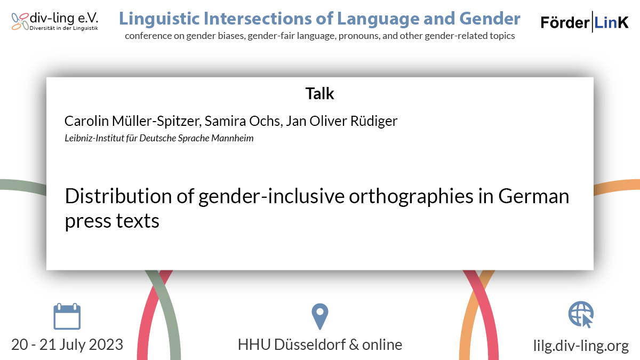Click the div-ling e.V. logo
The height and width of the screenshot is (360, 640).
click(55, 21)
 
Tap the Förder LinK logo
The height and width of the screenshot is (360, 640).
click(585, 22)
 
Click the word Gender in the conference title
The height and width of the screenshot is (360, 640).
click(490, 19)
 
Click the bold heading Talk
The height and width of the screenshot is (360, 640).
click(319, 93)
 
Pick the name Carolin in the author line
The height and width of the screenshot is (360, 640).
click(86, 121)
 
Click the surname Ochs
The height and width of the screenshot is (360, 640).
click(266, 121)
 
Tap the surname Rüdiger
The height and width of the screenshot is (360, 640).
click(374, 121)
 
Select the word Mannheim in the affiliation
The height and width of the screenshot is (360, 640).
click(233, 138)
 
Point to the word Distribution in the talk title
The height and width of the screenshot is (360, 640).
click(118, 196)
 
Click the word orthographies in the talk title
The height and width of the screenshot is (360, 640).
click(411, 197)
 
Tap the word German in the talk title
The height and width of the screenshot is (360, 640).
click(534, 197)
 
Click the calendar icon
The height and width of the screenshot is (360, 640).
click(67, 316)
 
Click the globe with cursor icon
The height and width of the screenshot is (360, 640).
click(581, 315)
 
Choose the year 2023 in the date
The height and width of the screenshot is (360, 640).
click(106, 345)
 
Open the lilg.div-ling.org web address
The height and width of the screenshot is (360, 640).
click(581, 346)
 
